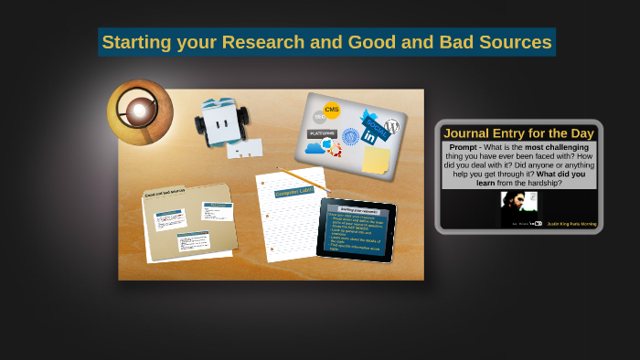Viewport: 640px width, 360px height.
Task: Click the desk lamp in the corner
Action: point(139,111)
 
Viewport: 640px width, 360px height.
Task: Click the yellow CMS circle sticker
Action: point(332,111)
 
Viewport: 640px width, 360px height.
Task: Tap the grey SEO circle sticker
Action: point(320,117)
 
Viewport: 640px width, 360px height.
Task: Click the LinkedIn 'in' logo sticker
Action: point(369,137)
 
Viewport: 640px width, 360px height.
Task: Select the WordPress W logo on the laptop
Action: point(392,127)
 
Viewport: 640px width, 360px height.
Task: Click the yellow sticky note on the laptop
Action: point(375,160)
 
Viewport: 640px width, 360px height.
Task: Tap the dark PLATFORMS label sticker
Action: point(322,133)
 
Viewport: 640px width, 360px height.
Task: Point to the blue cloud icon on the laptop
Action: point(315,147)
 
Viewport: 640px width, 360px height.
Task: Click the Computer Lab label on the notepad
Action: point(293,191)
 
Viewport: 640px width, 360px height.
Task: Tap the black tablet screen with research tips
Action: point(356,229)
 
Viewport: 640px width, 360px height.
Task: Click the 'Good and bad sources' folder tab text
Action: point(165,193)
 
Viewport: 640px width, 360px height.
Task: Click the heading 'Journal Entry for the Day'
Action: point(518,133)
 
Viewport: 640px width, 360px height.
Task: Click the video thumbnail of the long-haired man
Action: point(518,208)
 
